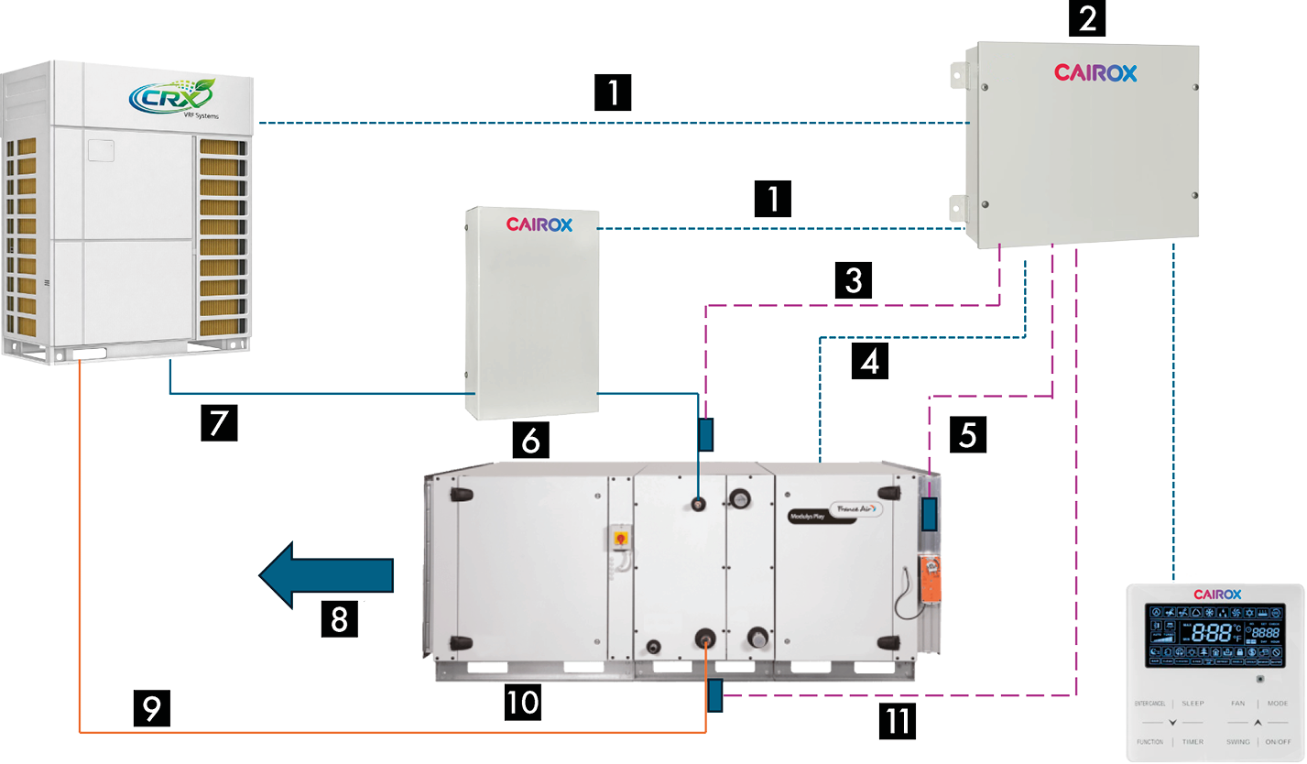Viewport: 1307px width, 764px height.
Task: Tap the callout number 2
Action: [x=1086, y=17]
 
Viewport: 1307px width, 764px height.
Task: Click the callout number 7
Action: [x=220, y=422]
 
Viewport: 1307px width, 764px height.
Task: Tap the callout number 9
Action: [x=152, y=706]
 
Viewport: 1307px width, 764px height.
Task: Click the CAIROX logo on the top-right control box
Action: [x=1095, y=71]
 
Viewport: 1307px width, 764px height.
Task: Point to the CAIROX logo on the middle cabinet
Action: [x=539, y=224]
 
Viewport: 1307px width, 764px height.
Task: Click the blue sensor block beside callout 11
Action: [x=714, y=696]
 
